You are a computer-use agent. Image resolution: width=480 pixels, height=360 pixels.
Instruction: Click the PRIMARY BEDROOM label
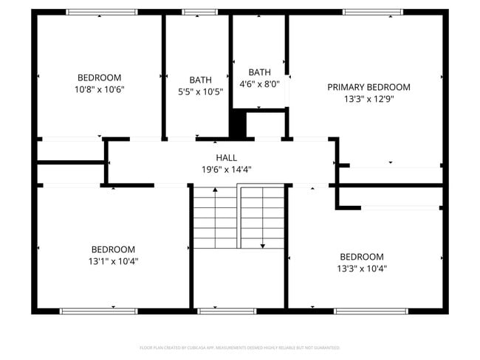pyautogui.click(x=368, y=87)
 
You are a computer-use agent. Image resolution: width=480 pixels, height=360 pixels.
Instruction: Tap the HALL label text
pyautogui.click(x=227, y=158)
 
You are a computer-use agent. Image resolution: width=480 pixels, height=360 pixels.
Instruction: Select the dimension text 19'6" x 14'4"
pyautogui.click(x=227, y=169)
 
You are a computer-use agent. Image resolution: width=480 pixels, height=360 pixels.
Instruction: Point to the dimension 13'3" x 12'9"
pyautogui.click(x=368, y=99)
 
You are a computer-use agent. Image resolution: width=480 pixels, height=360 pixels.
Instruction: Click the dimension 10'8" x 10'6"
pyautogui.click(x=99, y=89)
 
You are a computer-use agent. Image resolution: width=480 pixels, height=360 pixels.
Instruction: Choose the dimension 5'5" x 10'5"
pyautogui.click(x=200, y=91)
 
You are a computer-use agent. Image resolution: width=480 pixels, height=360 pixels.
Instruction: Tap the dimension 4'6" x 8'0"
pyautogui.click(x=259, y=84)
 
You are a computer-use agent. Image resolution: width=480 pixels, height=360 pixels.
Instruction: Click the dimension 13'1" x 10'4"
pyautogui.click(x=113, y=261)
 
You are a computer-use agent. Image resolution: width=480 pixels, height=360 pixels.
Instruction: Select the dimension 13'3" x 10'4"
pyautogui.click(x=362, y=269)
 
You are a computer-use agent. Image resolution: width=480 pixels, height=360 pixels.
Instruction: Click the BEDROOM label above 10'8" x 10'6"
pyautogui.click(x=99, y=77)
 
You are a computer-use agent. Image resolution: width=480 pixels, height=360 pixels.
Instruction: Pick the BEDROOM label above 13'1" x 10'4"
pyautogui.click(x=113, y=249)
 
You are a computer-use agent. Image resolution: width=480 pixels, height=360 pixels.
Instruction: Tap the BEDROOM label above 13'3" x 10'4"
pyautogui.click(x=362, y=257)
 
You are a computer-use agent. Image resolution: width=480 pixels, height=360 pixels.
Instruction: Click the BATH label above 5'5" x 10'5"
pyautogui.click(x=200, y=80)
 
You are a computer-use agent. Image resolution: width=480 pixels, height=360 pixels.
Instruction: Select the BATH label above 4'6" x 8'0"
pyautogui.click(x=259, y=72)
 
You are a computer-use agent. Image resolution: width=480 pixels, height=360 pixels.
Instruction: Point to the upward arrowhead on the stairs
pyautogui.click(x=215, y=190)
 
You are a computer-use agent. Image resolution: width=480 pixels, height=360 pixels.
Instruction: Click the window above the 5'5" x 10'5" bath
pyautogui.click(x=195, y=12)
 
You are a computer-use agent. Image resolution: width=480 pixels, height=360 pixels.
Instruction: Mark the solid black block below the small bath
pyautogui.click(x=237, y=124)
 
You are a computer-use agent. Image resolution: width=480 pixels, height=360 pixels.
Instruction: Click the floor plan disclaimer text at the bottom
pyautogui.click(x=239, y=347)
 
